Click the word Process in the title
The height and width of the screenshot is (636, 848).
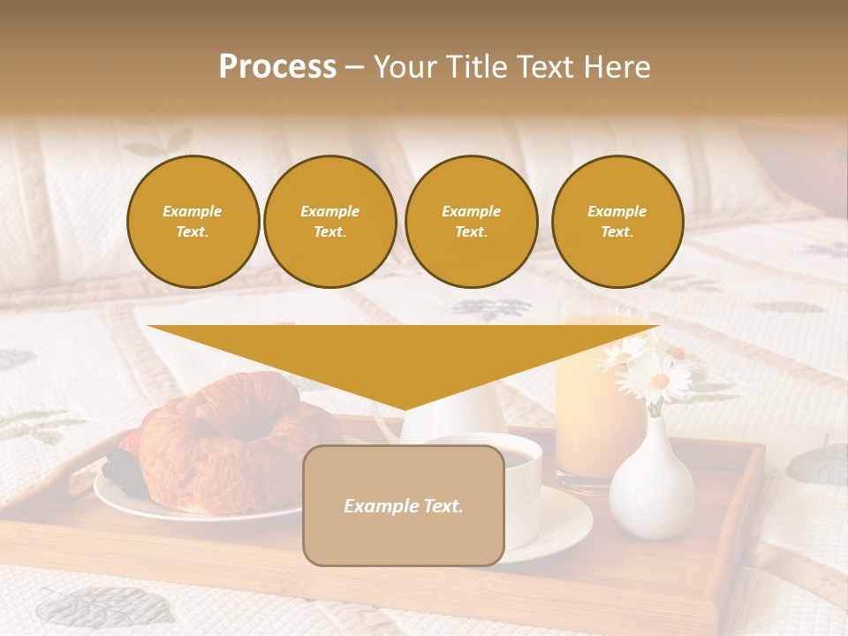pos(277,67)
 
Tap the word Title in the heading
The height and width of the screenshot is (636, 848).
pos(473,67)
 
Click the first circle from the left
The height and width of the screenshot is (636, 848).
pos(193,222)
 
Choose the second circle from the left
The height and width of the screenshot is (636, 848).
pos(329,222)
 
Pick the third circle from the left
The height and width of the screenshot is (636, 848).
pos(471,222)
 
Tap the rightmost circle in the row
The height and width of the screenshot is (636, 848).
pos(617,222)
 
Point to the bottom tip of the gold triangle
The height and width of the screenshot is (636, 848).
pos(404,409)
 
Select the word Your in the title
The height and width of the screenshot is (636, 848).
pos(403,67)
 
